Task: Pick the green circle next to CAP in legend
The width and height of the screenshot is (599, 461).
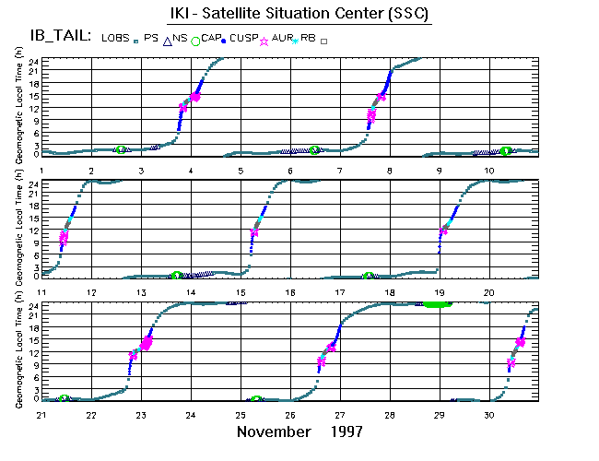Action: pos(195,41)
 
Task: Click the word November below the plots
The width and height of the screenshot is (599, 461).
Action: pos(275,431)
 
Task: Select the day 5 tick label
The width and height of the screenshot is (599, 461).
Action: pos(240,171)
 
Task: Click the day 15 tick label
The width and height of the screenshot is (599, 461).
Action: pos(241,292)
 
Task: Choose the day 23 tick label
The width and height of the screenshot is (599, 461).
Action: pos(141,415)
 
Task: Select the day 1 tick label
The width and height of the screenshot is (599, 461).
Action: pos(42,171)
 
